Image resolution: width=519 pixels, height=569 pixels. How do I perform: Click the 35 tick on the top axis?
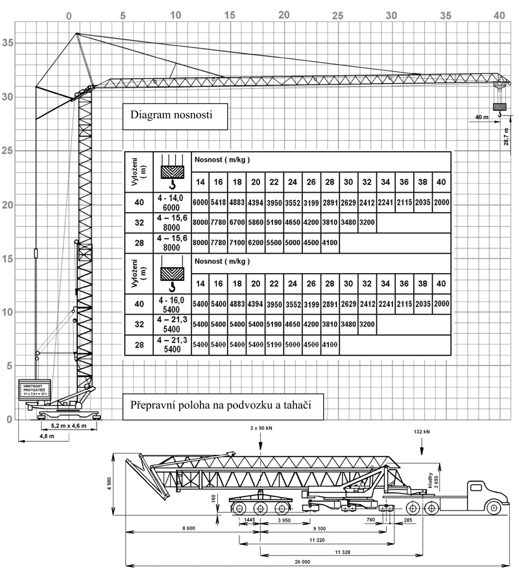click(445, 14)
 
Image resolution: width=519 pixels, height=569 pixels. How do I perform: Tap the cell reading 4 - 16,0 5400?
click(171, 304)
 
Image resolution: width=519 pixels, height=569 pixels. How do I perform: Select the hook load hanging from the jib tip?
click(500, 108)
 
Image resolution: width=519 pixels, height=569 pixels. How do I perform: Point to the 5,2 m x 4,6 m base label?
click(68, 426)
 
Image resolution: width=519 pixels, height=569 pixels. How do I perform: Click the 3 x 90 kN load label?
click(260, 430)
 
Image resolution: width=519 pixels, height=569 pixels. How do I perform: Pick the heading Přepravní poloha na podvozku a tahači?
click(217, 404)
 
